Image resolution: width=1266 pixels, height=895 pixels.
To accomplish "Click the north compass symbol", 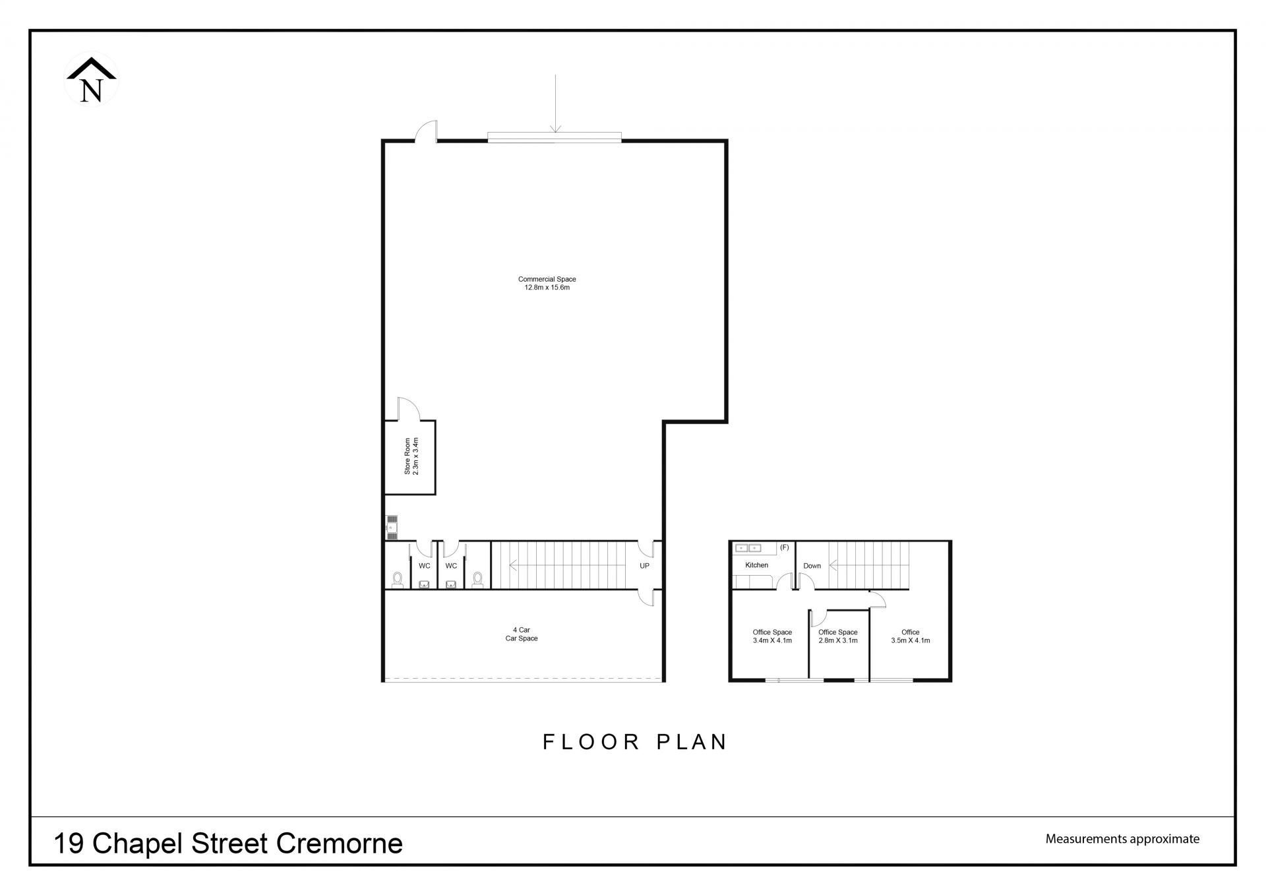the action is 91,79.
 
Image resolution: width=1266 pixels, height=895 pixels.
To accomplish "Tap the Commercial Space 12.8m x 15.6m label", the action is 547,284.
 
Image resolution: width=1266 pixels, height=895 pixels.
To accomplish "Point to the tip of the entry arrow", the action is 555,133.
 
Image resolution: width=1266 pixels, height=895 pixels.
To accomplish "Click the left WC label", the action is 425,566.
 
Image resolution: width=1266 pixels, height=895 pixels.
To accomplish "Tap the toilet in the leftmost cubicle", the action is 398,579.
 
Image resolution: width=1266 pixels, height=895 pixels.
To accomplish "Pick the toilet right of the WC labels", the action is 477,579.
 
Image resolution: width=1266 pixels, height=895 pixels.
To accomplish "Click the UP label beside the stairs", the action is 644,566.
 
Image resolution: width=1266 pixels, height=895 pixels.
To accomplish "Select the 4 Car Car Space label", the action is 522,634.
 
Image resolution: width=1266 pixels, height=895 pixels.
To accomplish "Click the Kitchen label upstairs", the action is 757,565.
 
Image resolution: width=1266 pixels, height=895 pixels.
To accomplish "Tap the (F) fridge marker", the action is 785,547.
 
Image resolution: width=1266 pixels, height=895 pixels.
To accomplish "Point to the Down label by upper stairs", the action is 812,566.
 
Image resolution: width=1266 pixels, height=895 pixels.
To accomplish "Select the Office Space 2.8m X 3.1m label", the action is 838,636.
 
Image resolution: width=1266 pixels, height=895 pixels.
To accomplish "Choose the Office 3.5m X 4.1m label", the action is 911,636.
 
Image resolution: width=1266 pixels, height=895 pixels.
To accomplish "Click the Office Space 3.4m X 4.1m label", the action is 772,636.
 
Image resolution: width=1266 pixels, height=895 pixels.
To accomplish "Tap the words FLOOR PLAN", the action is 634,742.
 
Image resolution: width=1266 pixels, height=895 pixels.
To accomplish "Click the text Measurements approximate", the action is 1122,840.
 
